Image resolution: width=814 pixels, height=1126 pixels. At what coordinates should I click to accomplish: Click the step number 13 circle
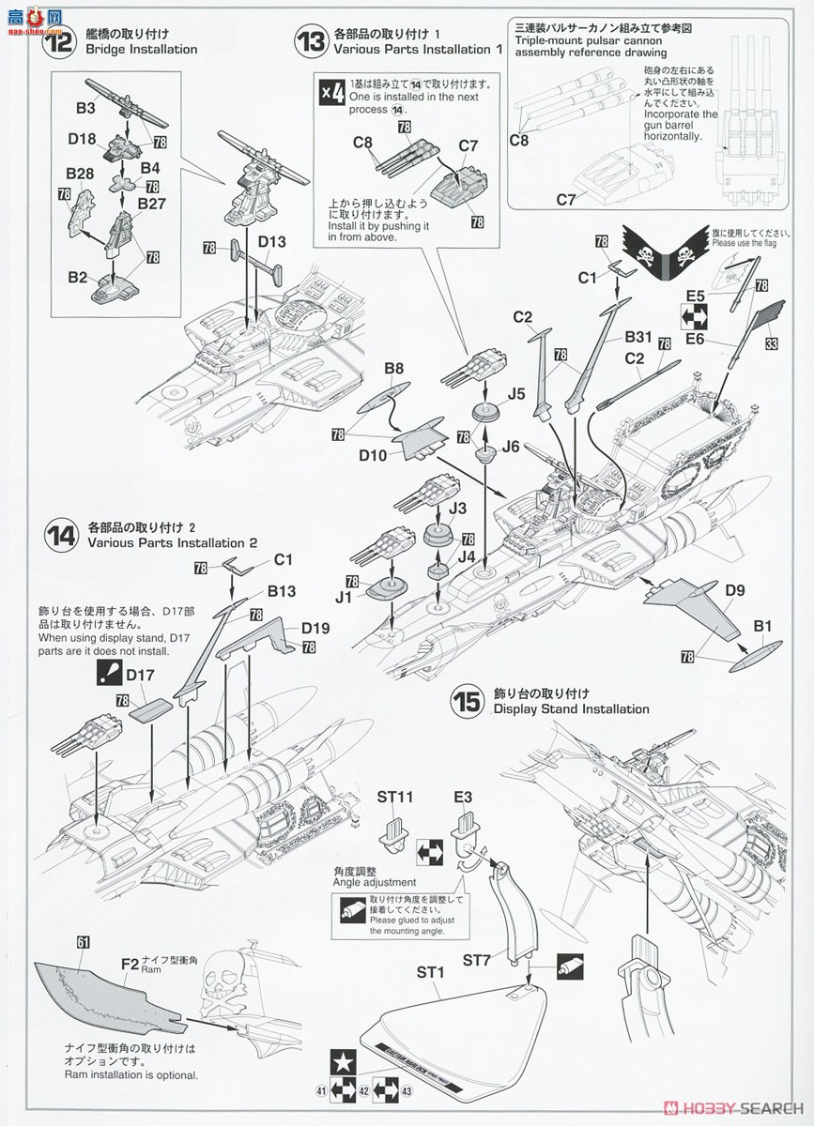309,40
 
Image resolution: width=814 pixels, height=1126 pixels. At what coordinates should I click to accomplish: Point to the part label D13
271,241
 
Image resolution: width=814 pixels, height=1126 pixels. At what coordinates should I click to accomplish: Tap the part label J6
510,447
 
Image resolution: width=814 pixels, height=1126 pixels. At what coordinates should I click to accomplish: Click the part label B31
637,336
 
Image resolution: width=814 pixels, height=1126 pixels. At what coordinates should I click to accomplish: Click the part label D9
735,591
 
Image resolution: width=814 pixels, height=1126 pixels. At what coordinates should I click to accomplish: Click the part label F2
131,962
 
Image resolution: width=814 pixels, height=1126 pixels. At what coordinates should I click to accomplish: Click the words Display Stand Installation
571,709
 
